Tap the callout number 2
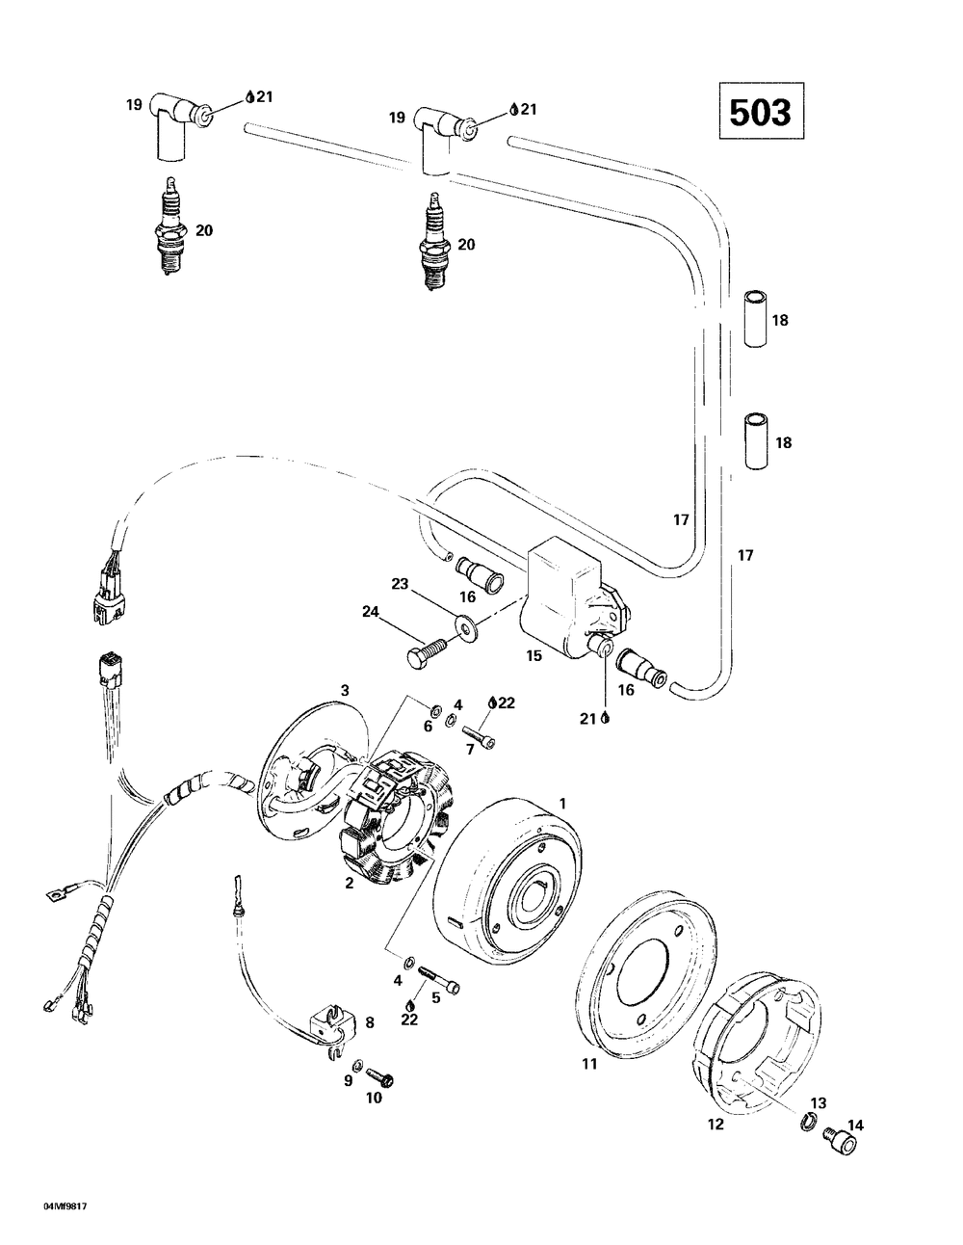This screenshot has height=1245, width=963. [x=350, y=883]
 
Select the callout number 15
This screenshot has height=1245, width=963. [x=534, y=655]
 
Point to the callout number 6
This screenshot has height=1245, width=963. [x=428, y=726]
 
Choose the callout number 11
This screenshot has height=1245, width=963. [x=589, y=1064]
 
